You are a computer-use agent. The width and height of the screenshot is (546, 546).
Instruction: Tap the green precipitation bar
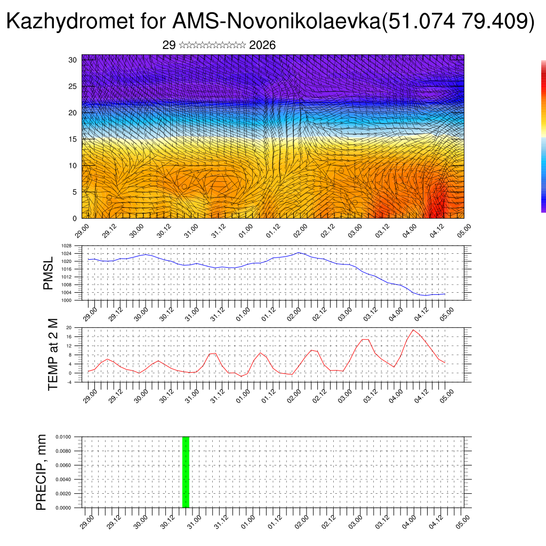point(186,472)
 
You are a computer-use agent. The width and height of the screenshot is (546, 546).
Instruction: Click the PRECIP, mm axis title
point(42,472)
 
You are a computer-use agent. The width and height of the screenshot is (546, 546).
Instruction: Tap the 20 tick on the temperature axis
point(69,327)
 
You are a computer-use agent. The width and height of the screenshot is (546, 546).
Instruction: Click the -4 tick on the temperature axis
point(69,382)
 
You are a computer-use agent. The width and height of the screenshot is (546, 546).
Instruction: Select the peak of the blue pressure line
point(299,253)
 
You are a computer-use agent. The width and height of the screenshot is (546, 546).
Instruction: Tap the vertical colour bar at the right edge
point(543,136)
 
